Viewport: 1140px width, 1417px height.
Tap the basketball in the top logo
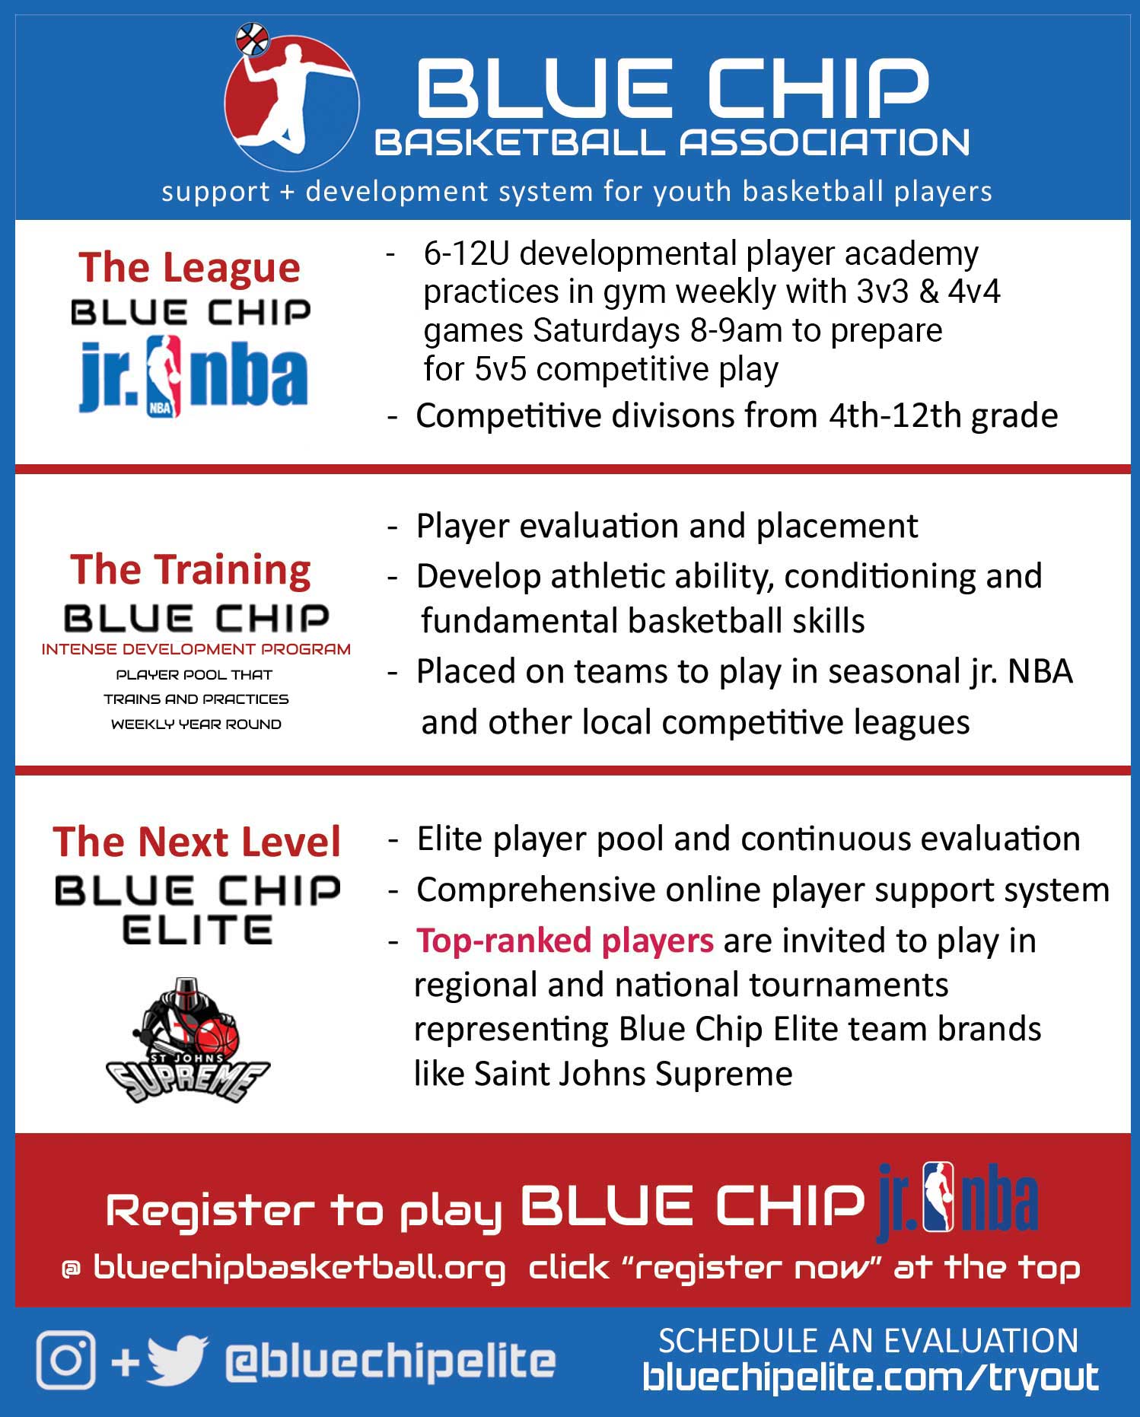pos(252,39)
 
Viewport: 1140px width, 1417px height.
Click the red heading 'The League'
pos(189,268)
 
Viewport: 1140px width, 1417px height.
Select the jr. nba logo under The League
pos(193,376)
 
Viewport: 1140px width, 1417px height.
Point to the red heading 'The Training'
pos(190,570)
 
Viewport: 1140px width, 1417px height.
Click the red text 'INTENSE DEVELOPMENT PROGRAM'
pos(196,649)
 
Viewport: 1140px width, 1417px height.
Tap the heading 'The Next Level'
pos(196,842)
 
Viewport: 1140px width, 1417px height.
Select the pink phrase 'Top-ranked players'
pos(565,941)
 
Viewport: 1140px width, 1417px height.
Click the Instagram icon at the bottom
pos(66,1360)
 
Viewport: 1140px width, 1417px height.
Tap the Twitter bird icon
pos(177,1360)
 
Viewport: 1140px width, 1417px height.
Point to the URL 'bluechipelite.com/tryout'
pos(871,1377)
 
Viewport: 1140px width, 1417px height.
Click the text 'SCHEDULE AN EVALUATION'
pos(868,1341)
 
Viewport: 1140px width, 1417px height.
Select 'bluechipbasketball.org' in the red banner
pos(299,1269)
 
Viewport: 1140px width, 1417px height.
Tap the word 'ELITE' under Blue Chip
pos(197,930)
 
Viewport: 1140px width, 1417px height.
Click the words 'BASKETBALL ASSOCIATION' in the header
pos(672,142)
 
